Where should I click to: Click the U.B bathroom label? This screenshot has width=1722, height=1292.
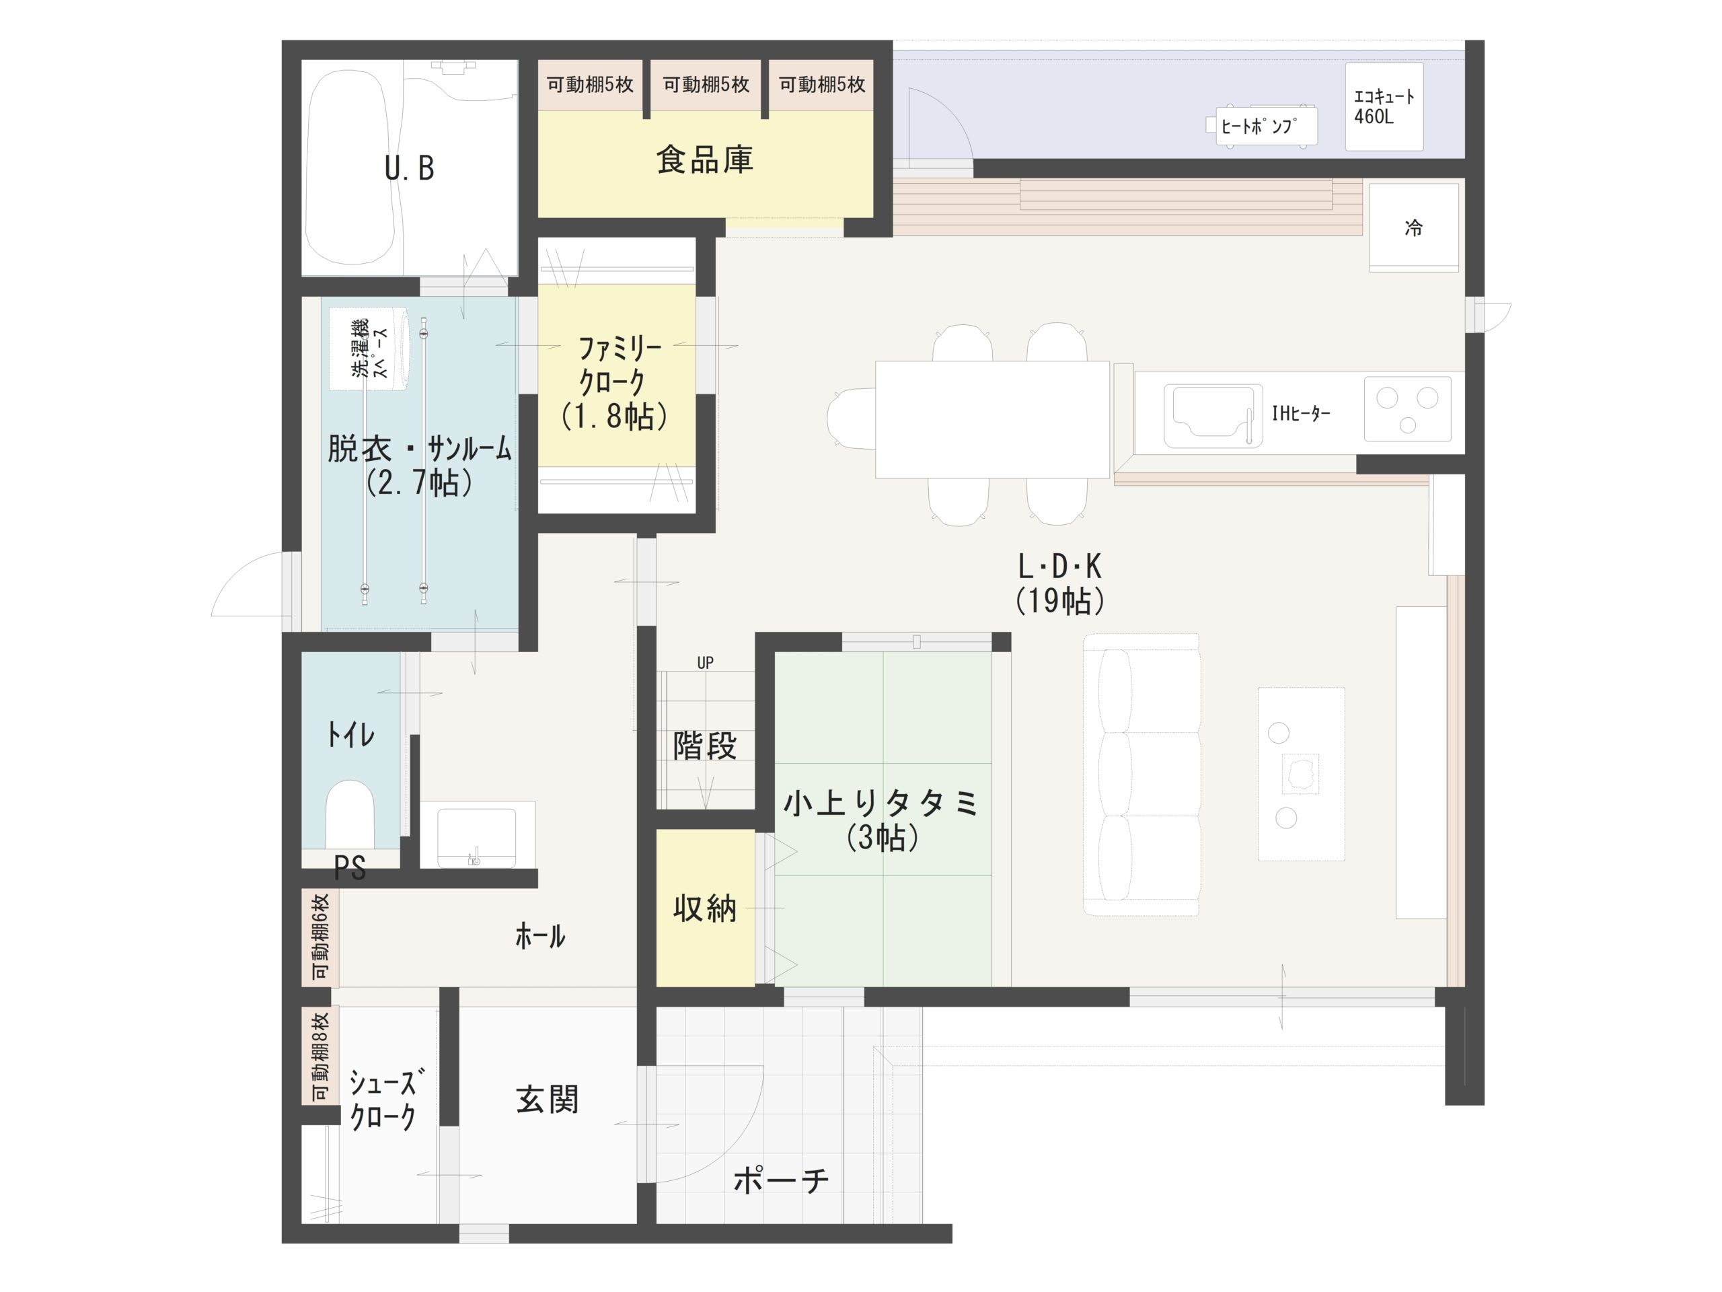coord(410,168)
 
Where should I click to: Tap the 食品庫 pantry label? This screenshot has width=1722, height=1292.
coord(704,159)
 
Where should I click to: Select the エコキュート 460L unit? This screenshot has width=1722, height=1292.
coord(1384,107)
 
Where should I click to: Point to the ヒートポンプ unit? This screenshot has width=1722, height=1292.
coord(1266,126)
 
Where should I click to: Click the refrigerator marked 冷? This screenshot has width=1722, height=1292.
coord(1414,227)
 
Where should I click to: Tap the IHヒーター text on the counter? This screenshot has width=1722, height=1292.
coord(1301,414)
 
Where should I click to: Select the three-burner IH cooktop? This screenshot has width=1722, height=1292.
coord(1407,409)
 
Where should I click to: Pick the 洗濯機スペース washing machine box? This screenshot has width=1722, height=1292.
coord(368,349)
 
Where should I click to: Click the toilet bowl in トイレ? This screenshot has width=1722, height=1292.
coord(350,814)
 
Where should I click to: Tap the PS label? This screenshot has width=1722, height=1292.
coord(350,867)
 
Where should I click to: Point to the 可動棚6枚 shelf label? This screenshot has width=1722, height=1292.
coord(320,937)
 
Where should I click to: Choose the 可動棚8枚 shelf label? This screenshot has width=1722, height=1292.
coord(320,1056)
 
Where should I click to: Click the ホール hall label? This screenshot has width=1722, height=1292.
coord(540,935)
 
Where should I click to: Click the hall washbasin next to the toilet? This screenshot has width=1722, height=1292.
coord(477,835)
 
